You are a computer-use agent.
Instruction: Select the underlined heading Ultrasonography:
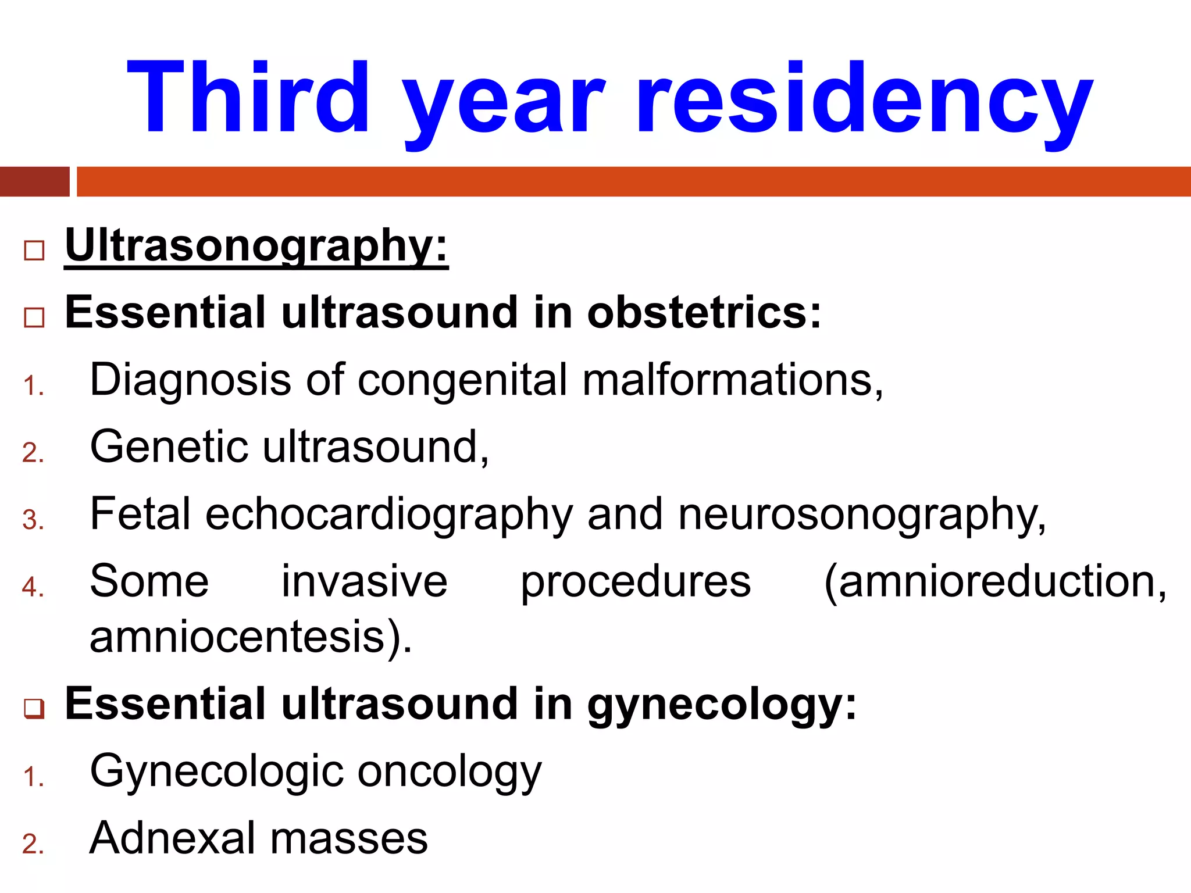(256, 247)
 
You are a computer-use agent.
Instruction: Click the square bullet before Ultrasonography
(34, 251)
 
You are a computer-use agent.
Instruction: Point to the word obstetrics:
(704, 312)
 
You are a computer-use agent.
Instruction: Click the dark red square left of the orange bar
(34, 181)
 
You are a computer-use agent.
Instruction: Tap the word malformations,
(733, 380)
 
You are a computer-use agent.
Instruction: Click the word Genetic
(169, 447)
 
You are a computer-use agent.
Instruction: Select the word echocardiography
(389, 515)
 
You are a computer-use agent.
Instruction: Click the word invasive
(365, 581)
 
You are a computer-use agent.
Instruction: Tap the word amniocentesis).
(251, 637)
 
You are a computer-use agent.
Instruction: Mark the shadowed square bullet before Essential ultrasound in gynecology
(34, 709)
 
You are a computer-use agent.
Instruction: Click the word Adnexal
(172, 838)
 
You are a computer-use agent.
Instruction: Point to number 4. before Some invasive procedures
(33, 587)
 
